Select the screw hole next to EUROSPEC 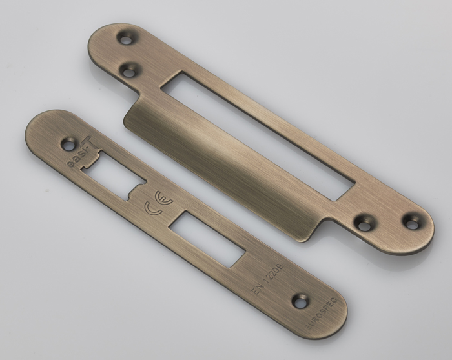[301, 299]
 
